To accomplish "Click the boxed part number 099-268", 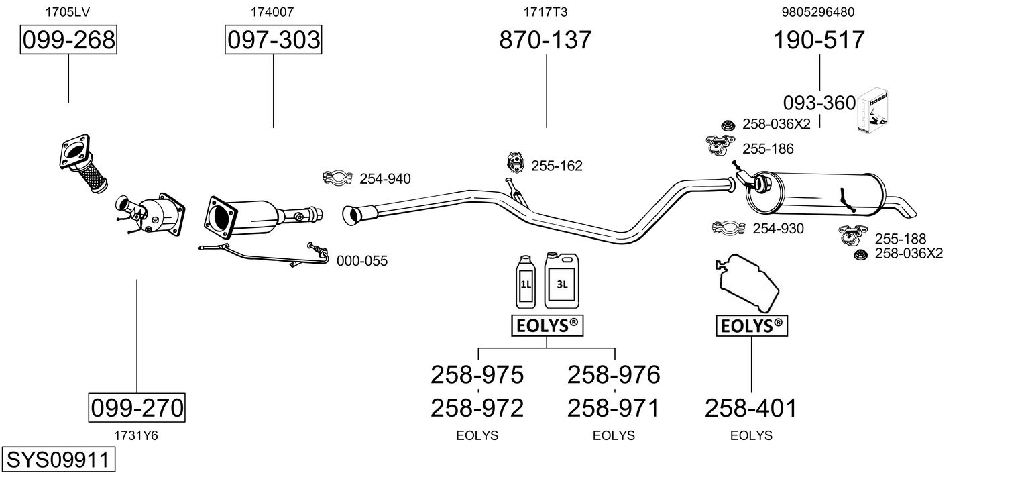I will tap(68, 40).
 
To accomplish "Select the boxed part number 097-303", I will tap(273, 40).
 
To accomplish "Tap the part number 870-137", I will tap(545, 40).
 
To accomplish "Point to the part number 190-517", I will tap(819, 40).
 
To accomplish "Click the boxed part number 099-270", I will tap(137, 407).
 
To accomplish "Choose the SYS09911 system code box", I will tap(58, 460).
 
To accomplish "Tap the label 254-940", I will tap(385, 178).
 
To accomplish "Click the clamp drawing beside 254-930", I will tap(729, 228).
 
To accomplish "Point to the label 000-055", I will tap(361, 261).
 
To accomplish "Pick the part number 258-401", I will tap(750, 407).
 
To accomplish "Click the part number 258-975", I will tap(477, 374).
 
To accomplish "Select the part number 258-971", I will tap(614, 407).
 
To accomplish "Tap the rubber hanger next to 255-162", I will tap(514, 163).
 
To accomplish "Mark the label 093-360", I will tap(819, 103).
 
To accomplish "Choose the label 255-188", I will tap(900, 238).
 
